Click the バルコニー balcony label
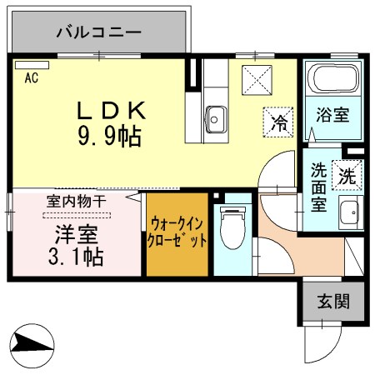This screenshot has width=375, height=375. (x=98, y=33)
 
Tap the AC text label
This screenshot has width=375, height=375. (x=32, y=79)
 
